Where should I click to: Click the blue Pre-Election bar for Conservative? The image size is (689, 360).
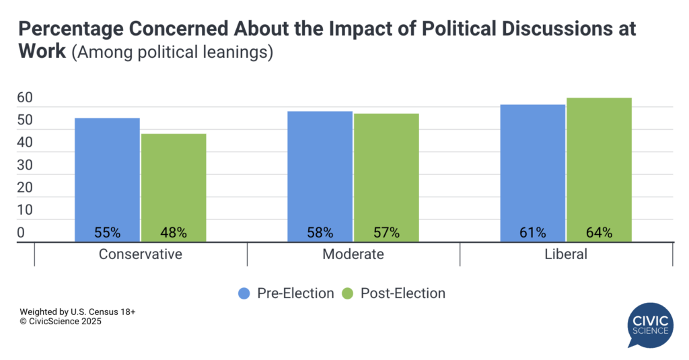point(107,175)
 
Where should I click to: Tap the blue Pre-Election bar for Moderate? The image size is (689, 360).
point(320,172)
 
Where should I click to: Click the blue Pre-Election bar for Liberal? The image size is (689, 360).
point(532,168)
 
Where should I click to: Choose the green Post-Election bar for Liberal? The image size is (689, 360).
point(599,165)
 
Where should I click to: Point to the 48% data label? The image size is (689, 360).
point(174,233)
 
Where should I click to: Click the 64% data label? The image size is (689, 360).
point(599,233)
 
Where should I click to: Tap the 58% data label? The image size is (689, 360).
point(320,233)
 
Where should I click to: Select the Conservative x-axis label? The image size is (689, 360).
point(140,254)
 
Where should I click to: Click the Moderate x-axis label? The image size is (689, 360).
point(353,254)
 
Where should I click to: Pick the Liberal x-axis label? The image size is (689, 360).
point(566,254)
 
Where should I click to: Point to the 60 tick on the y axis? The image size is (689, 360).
point(25,98)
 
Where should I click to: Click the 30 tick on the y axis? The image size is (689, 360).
point(25,166)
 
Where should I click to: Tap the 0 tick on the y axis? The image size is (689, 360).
point(21,233)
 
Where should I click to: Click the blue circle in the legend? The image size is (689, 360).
point(244,293)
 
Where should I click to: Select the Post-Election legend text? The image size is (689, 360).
point(402,293)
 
